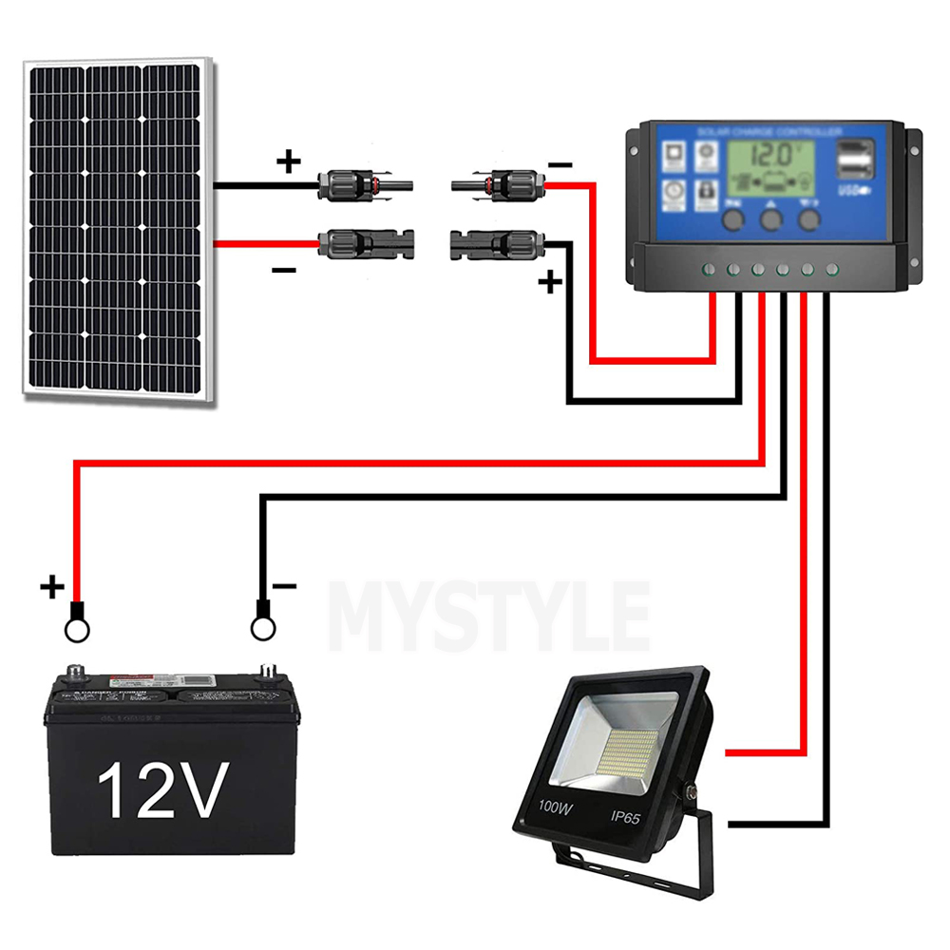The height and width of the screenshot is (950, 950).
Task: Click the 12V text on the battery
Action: coord(164,790)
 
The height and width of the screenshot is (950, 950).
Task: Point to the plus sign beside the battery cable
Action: coord(52,587)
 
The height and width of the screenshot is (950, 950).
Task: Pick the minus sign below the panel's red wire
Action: coord(283,271)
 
